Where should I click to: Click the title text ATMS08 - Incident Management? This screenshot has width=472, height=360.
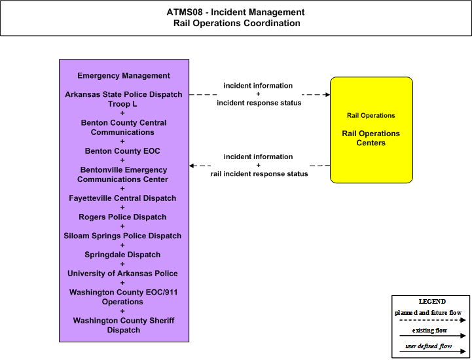click(x=236, y=12)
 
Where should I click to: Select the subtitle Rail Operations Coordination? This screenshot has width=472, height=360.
click(x=236, y=23)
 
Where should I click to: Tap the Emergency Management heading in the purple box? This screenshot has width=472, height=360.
click(x=124, y=75)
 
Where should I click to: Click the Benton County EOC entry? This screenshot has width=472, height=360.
click(x=122, y=151)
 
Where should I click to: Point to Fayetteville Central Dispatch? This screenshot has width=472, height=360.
click(x=122, y=198)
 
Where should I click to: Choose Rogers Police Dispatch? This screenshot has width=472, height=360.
click(x=122, y=217)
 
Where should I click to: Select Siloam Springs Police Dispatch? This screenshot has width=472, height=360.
click(x=122, y=236)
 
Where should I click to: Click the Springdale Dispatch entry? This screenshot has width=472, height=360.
click(x=122, y=255)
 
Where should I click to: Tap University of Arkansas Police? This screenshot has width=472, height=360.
click(x=122, y=274)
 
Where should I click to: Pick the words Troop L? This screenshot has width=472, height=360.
click(x=122, y=104)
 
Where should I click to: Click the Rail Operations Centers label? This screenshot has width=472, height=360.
click(x=371, y=138)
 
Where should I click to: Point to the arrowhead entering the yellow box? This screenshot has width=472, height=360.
click(x=328, y=95)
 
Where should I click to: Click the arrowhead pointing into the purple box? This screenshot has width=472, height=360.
click(x=191, y=166)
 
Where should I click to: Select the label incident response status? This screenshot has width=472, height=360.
click(x=259, y=103)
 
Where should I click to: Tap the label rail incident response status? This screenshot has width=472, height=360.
click(x=259, y=174)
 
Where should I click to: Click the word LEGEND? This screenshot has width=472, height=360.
click(x=432, y=301)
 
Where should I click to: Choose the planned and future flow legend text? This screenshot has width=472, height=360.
click(x=428, y=313)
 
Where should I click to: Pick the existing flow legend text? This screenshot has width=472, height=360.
click(x=429, y=330)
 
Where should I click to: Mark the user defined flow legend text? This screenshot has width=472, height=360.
click(x=429, y=346)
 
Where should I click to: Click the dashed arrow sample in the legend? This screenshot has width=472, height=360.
click(x=433, y=320)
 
